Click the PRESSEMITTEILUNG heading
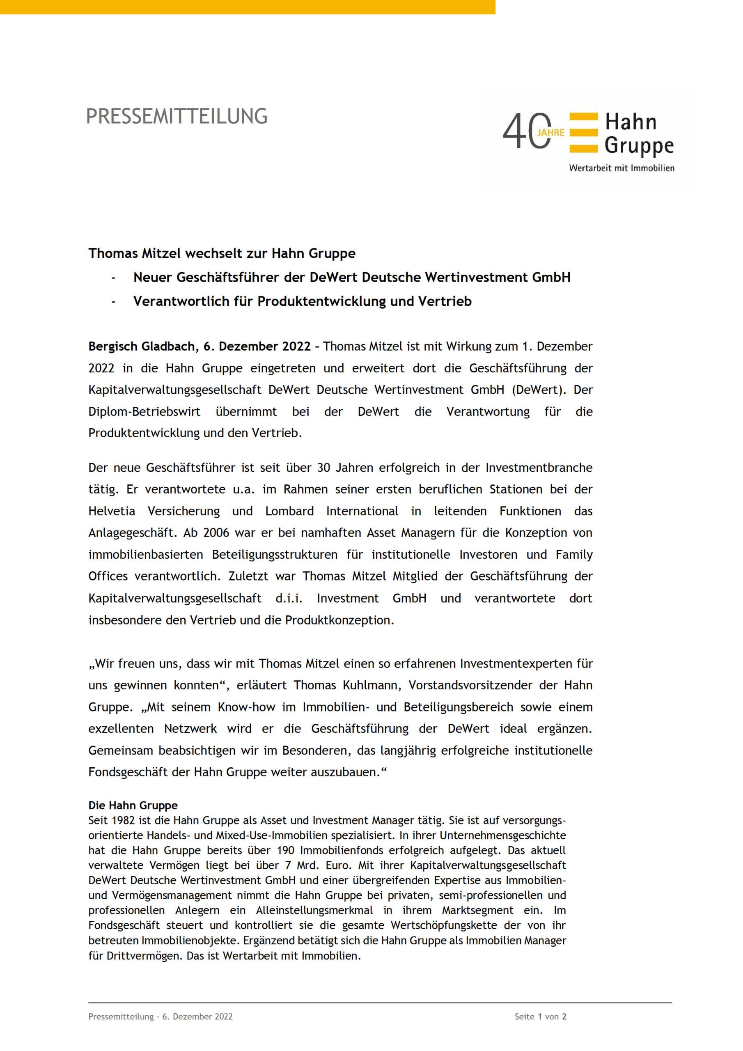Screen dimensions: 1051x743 coord(177,116)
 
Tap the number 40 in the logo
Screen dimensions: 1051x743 coord(525,132)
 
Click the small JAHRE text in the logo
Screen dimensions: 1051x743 coord(551,132)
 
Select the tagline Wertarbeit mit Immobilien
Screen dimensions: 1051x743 coord(621,168)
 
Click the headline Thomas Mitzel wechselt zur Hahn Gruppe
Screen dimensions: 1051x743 coord(222,253)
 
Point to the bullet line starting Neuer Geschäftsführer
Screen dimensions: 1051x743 coord(351,278)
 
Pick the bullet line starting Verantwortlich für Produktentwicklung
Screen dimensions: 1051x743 coord(302,301)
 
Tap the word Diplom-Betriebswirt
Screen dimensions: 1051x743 coord(144,411)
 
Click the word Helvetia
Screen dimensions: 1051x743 coord(112,511)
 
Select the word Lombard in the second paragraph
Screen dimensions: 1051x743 coord(289,511)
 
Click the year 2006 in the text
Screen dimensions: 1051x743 coord(216,533)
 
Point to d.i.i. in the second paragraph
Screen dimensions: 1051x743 coord(289,598)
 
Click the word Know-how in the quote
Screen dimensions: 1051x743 coord(246,707)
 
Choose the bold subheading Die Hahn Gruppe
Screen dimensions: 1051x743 coord(133,805)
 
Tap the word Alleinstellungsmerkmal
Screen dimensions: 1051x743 coord(314,911)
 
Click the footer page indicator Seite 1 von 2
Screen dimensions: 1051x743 coord(540,1016)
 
